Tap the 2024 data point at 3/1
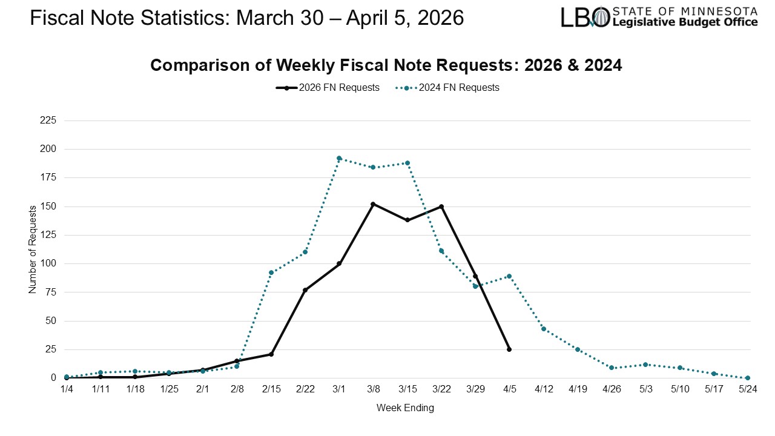pyautogui.click(x=339, y=158)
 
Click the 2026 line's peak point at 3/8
pyautogui.click(x=373, y=204)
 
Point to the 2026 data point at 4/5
pyautogui.click(x=509, y=349)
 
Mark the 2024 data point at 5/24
pyautogui.click(x=748, y=378)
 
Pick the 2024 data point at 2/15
pyautogui.click(x=271, y=272)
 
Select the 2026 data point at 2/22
pyautogui.click(x=305, y=290)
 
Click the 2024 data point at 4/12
pyautogui.click(x=543, y=329)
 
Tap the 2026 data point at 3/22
pyautogui.click(x=441, y=206)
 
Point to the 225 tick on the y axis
pyautogui.click(x=48, y=121)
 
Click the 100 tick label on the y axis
pyautogui.click(x=48, y=263)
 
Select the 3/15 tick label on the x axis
pyautogui.click(x=407, y=389)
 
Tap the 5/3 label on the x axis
pyautogui.click(x=645, y=389)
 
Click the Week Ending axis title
pyautogui.click(x=405, y=408)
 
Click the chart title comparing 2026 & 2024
pyautogui.click(x=386, y=65)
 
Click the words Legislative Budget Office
pyautogui.click(x=685, y=22)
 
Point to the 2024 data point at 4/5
pyautogui.click(x=509, y=276)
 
